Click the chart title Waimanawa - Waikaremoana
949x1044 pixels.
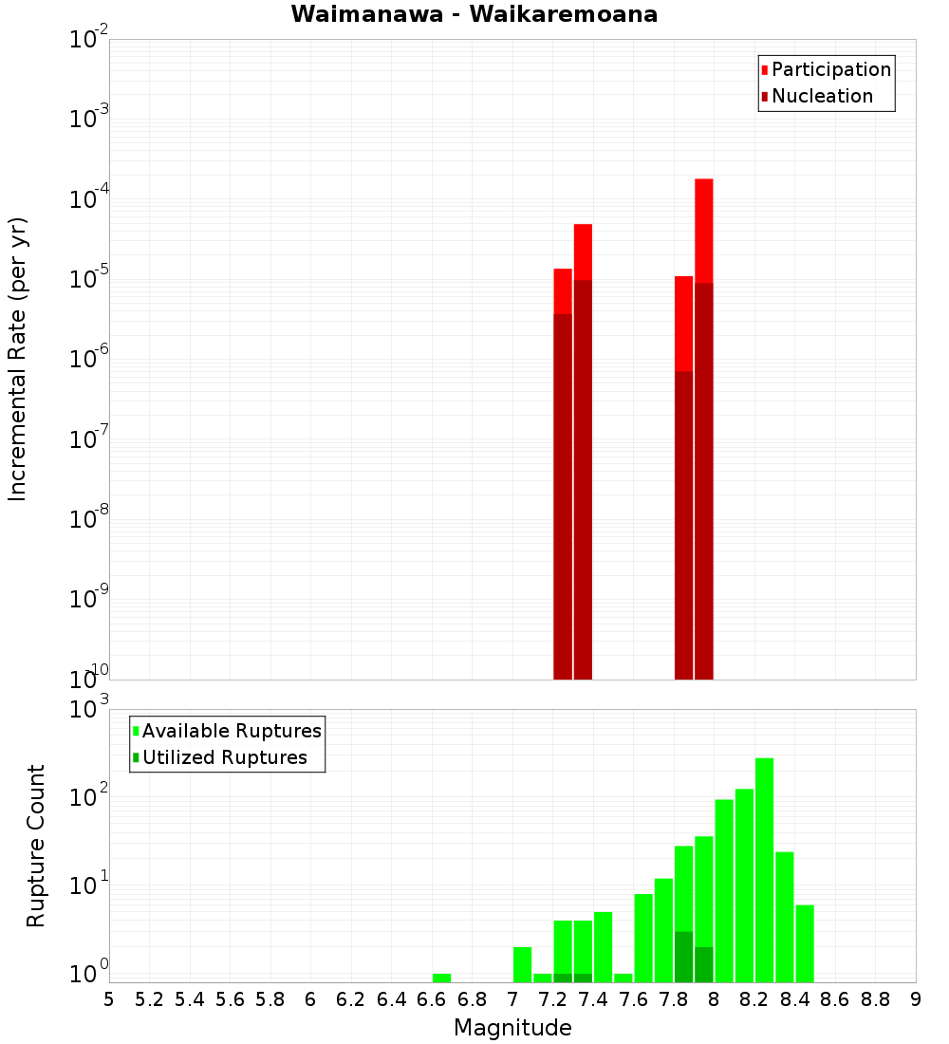click(x=474, y=15)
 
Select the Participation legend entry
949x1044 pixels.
click(x=830, y=69)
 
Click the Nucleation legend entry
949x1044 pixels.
click(x=821, y=96)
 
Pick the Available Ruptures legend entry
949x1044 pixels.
click(x=231, y=731)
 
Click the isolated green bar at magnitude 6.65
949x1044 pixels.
click(x=441, y=978)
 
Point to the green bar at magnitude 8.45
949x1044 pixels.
click(x=805, y=943)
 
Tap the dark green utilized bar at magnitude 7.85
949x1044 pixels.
click(x=683, y=957)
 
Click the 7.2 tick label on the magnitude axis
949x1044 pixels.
click(x=552, y=999)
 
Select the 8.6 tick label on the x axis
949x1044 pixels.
click(x=835, y=999)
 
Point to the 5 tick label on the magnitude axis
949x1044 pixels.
click(x=109, y=999)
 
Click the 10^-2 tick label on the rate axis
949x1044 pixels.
click(x=89, y=40)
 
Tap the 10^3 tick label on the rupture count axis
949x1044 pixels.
click(x=91, y=709)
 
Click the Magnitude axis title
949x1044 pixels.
click(x=512, y=1028)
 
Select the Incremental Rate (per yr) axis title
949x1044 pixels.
click(x=19, y=359)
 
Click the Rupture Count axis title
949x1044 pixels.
click(x=36, y=846)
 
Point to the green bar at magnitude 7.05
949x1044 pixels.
click(x=522, y=964)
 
